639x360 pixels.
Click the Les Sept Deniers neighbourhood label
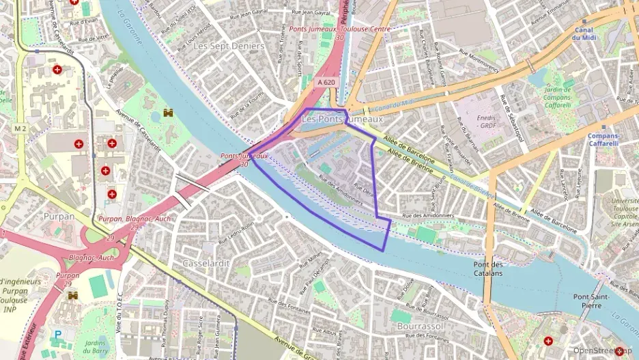(220, 46)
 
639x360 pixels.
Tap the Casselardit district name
(206, 263)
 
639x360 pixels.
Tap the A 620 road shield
(326, 82)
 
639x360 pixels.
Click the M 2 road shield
(19, 128)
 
